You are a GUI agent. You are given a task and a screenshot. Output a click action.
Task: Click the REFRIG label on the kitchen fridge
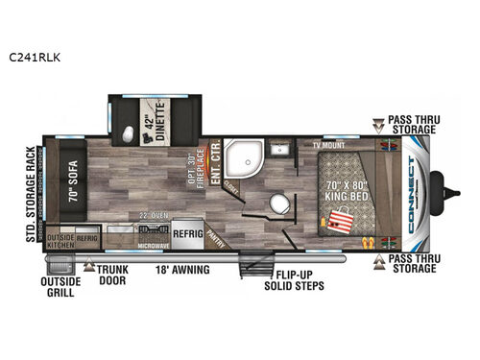(187, 230)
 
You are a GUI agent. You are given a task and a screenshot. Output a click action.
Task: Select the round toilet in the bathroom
(279, 205)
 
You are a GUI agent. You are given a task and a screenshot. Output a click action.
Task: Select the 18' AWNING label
(183, 269)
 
